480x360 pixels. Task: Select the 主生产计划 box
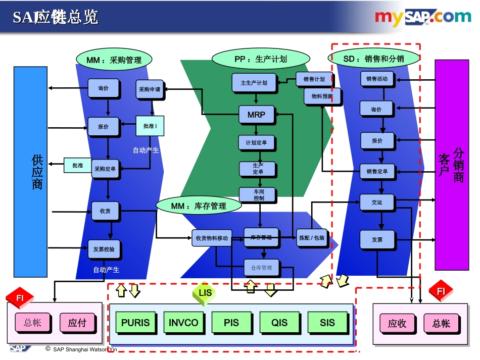(254, 83)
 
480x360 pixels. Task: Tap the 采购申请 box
(150, 89)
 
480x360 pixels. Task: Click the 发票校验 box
(104, 249)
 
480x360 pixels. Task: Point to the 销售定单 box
(377, 172)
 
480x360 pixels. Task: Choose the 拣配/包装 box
(312, 238)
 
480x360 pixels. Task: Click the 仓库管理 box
(261, 268)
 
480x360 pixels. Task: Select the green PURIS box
(136, 323)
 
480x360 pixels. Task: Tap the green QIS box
(279, 323)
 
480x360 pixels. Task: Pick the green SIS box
(327, 323)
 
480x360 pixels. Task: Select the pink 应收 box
(397, 324)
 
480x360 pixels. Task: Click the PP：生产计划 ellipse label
(261, 59)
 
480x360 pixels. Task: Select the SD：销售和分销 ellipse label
(374, 59)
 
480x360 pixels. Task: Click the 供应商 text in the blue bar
(37, 172)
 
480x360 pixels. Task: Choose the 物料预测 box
(322, 96)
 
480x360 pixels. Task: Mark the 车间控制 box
(259, 194)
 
